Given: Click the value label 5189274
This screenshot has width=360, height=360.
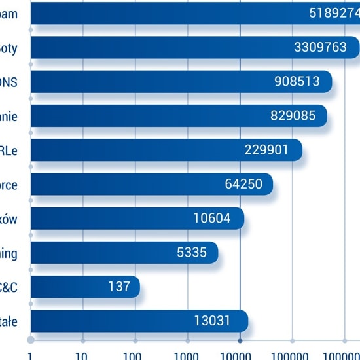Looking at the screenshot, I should pos(334,13).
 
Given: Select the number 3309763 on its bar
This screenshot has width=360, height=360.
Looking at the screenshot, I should pos(321,47).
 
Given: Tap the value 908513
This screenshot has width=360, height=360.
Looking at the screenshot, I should pos(297,81).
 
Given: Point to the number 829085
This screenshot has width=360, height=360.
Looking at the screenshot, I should pos(293,116).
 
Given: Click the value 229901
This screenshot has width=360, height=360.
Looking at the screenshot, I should pos(266,150).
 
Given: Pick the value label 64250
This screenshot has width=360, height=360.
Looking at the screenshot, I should pos(243,184).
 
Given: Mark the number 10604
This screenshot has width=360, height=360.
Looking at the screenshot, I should pos(212,219).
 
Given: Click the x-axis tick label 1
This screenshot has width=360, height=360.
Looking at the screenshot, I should pos(30,355).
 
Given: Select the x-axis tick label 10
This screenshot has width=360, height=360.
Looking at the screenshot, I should pos(82,355).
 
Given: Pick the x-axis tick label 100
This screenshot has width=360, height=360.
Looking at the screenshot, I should pos(135,355).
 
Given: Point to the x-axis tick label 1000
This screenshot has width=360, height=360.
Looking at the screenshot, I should pos(187,355).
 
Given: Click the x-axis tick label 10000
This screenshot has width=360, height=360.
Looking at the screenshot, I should pos(240,355).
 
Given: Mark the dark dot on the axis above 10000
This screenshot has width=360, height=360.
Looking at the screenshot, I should pos(240,340).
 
